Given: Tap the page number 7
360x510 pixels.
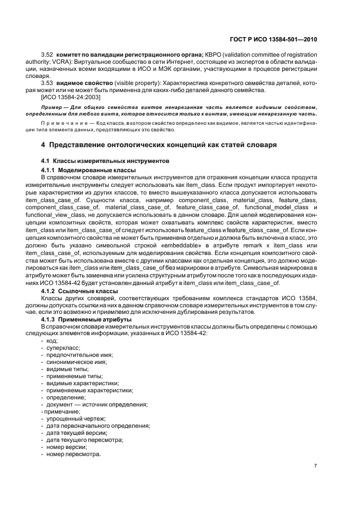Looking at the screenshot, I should [316, 466].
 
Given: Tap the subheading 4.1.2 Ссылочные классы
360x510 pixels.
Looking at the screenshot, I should [83, 292].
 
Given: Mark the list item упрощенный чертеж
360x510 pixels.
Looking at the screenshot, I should [76, 418].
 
